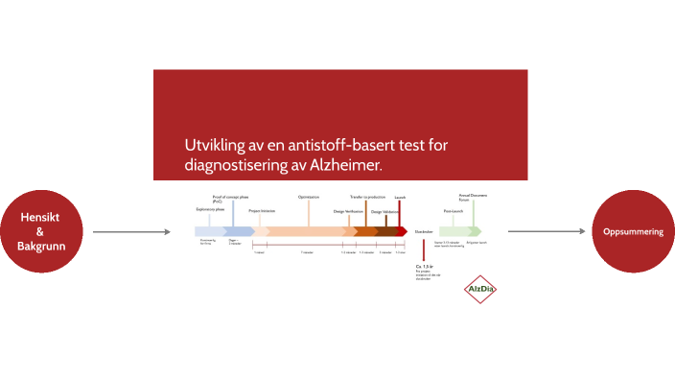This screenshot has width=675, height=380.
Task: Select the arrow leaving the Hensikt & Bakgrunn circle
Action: coord(125,231)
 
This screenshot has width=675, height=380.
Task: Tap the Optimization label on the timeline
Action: coord(309,197)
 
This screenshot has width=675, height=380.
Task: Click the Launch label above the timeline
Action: coord(400,197)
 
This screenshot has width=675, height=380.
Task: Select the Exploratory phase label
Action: coord(210,208)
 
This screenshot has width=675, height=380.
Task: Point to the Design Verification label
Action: coord(349,211)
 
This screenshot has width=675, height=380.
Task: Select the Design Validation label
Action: coord(385,211)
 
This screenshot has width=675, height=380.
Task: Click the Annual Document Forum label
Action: coord(473,197)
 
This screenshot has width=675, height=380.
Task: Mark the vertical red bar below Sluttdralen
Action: coord(422,249)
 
